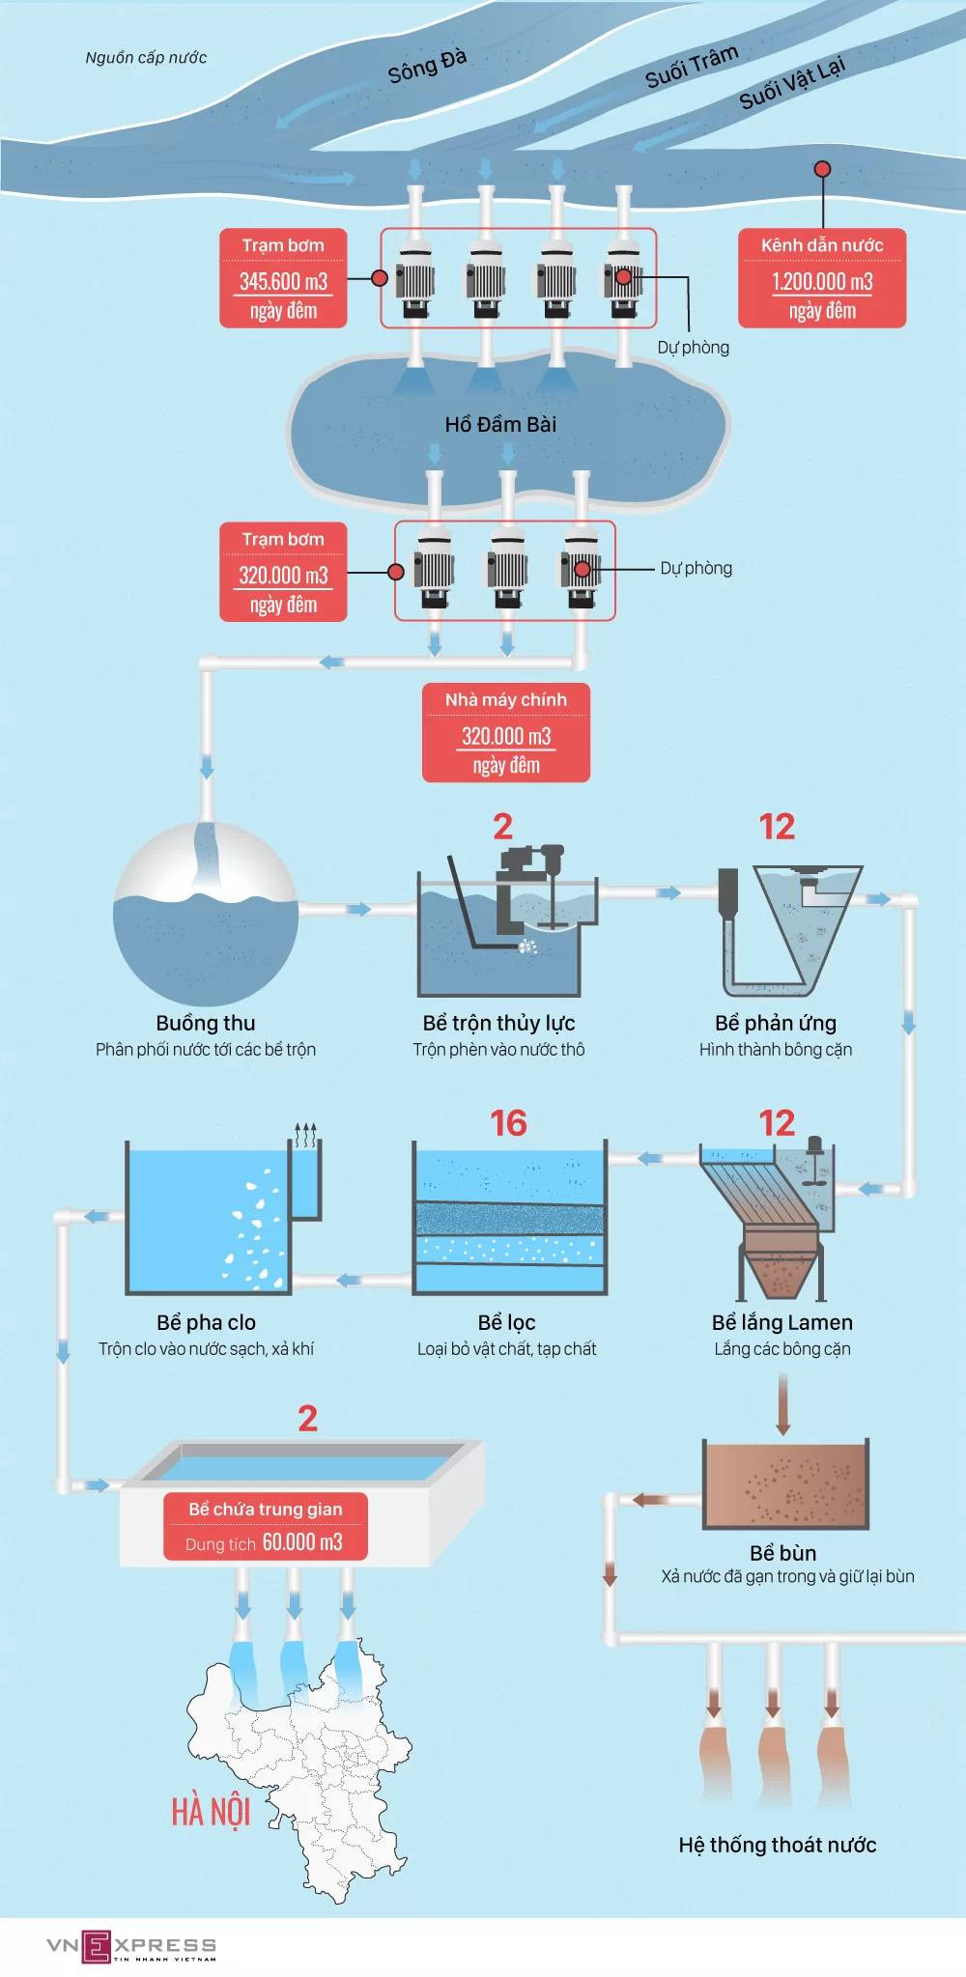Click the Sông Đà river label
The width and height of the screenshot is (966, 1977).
point(428,66)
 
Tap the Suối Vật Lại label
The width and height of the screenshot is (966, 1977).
point(792,81)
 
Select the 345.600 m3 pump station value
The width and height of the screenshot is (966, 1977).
point(283,281)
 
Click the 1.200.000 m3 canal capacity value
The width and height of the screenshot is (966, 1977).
point(822,281)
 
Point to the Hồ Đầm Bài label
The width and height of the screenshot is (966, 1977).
point(500,424)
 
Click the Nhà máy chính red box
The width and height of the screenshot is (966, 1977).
point(506,733)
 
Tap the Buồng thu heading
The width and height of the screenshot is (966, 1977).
point(206,1023)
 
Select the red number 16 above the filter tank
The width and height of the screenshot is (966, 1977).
point(508,1123)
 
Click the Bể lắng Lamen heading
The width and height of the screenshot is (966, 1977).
point(782,1322)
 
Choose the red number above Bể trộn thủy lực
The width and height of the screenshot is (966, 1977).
point(502,827)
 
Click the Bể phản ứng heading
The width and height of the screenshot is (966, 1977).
point(776,1023)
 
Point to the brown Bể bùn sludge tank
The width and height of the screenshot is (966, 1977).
point(784,1484)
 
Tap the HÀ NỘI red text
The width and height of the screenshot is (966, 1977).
point(211,1812)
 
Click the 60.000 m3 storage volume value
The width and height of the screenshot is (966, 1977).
point(302,1541)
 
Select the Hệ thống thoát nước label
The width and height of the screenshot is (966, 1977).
point(778,1845)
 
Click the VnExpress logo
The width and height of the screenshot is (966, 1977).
point(131,1946)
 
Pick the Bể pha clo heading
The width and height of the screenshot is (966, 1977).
point(206,1322)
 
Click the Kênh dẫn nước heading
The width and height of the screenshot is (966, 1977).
point(822,245)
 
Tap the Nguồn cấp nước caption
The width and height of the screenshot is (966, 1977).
point(146,58)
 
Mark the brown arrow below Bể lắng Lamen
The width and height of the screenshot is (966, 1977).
point(782,1404)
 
